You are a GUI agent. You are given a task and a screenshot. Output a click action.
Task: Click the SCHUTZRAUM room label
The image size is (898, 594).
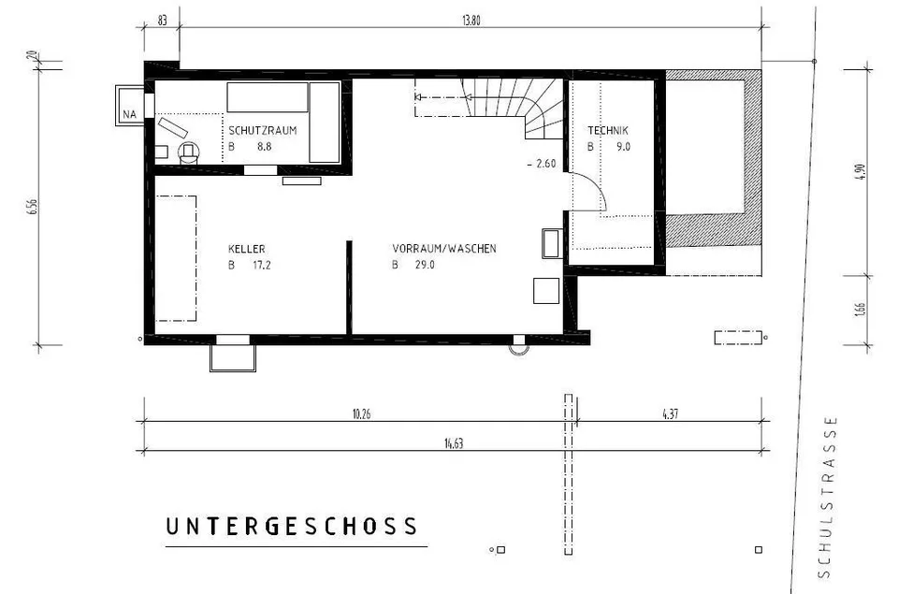[263, 131]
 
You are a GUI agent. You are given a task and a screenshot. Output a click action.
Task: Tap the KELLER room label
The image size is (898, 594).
[246, 249]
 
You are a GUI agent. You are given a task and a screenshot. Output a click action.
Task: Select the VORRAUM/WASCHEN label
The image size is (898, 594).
[444, 249]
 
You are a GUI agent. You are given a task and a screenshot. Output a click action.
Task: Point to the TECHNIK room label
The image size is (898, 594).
[608, 131]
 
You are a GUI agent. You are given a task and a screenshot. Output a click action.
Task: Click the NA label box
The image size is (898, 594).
[129, 114]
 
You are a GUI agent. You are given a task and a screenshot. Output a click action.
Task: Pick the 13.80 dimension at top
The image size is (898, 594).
[471, 21]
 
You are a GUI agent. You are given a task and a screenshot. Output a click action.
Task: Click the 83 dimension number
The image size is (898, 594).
[162, 21]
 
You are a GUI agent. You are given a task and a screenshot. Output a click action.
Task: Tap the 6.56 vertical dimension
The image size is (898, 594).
[32, 207]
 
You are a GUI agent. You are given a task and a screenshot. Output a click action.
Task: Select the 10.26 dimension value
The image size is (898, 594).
[361, 414]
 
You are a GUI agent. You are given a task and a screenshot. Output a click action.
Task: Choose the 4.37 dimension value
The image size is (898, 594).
[670, 414]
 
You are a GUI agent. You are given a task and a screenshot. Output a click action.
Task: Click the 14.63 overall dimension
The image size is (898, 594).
[454, 443]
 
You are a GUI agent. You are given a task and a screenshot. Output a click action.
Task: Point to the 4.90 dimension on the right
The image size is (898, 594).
[862, 172]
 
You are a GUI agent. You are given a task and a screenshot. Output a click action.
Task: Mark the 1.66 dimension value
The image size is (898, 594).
[862, 309]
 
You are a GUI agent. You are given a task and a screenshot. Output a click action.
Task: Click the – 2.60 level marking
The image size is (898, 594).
[542, 164]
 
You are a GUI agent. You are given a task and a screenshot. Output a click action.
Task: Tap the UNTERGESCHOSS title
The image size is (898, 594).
[292, 527]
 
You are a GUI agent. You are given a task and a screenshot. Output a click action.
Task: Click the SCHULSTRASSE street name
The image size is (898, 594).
[825, 498]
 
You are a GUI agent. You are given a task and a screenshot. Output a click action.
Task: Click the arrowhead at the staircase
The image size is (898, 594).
[418, 97]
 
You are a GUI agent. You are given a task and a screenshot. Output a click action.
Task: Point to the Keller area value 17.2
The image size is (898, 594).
[262, 266]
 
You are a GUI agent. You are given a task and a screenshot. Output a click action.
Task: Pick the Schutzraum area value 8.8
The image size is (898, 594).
[264, 147]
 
